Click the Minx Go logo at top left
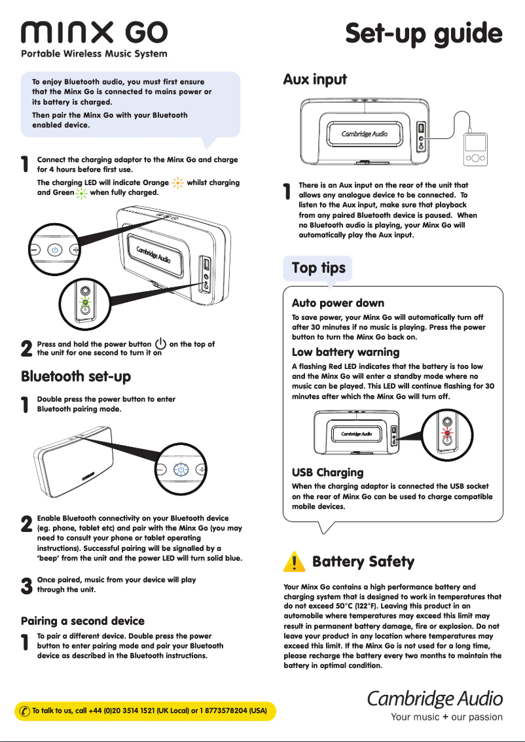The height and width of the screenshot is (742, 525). (x=94, y=32)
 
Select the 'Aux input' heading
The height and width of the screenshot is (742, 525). (x=315, y=80)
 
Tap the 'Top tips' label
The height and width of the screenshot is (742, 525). (x=318, y=268)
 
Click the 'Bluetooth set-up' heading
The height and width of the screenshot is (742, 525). (x=76, y=376)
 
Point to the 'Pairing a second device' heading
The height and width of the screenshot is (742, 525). (x=82, y=620)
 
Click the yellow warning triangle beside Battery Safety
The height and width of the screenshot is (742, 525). (x=296, y=561)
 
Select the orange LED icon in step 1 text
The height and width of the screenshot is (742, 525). (x=177, y=183)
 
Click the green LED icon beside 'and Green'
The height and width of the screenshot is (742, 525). (x=81, y=193)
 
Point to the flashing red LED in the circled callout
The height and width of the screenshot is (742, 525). (x=447, y=433)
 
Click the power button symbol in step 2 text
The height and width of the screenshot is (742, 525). (x=160, y=344)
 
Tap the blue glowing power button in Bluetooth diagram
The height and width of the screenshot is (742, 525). (x=181, y=470)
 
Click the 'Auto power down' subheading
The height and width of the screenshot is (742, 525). (x=338, y=303)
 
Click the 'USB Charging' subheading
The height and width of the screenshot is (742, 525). (x=327, y=472)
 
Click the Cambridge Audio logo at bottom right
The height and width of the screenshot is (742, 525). (x=434, y=698)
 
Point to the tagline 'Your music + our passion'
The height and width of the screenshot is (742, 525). (x=446, y=717)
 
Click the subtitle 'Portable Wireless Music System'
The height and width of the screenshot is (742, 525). (x=94, y=54)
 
